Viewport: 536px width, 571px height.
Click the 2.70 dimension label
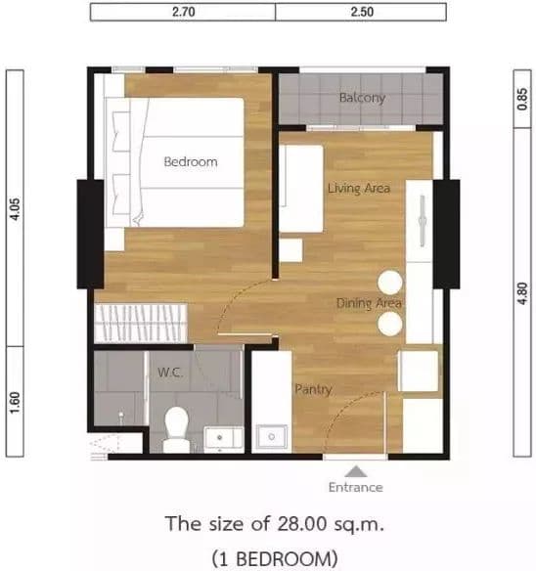(183, 12)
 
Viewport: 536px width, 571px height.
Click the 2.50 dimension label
(362, 12)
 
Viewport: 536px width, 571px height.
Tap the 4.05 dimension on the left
(16, 208)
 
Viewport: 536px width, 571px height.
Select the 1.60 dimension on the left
(16, 403)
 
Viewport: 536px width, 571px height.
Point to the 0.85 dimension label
(522, 99)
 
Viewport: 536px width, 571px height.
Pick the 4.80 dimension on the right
(522, 293)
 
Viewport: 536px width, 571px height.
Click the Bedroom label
(191, 161)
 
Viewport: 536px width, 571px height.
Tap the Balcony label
(362, 98)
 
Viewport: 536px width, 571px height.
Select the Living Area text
(359, 189)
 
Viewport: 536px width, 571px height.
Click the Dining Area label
(369, 303)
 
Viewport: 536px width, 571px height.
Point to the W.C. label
(170, 373)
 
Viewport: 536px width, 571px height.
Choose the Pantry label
(313, 390)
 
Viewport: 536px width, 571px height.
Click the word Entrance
(356, 487)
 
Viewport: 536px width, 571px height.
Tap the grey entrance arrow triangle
(356, 471)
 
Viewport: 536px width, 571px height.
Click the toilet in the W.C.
(176, 429)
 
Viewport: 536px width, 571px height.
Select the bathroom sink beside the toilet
(223, 438)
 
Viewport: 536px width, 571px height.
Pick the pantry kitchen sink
(272, 437)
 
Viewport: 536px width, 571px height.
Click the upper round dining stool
(390, 283)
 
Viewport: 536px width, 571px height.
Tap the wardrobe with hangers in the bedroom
(141, 323)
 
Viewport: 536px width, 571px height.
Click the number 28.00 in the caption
(302, 524)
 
